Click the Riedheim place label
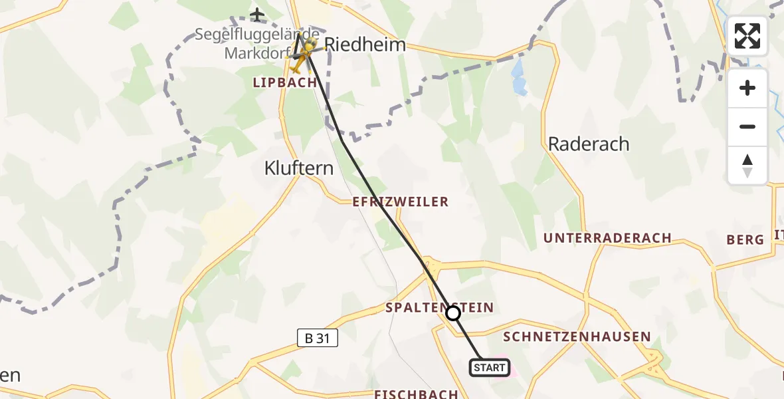[365, 45]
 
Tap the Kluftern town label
[299, 168]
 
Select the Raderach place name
[588, 144]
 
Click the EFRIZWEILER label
[401, 201]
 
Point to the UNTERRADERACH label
[607, 238]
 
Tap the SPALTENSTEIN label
[440, 307]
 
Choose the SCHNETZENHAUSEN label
[577, 336]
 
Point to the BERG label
[745, 240]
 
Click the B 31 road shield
[318, 338]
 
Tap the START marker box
[490, 368]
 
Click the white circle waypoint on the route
[453, 313]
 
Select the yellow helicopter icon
[300, 56]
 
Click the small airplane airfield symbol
[258, 14]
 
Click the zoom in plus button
[747, 88]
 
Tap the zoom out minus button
[747, 126]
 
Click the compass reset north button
[747, 165]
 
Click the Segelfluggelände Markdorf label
[256, 43]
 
